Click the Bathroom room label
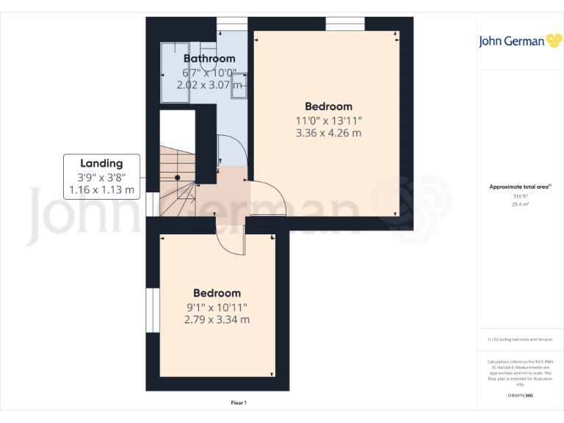(209, 59)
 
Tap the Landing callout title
(101, 163)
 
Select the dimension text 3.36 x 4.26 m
(328, 133)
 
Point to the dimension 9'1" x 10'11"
(217, 307)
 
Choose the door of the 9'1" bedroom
(230, 238)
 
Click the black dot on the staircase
(178, 177)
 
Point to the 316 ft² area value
(519, 196)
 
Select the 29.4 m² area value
(519, 205)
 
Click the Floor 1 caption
(239, 403)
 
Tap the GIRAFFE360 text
(519, 396)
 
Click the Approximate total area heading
(519, 187)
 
